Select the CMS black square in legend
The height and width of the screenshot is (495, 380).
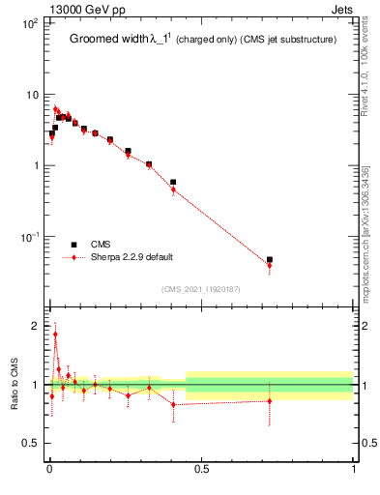point(73,245)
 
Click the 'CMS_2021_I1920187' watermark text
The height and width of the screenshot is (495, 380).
point(201,289)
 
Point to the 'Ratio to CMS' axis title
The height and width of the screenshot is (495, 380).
point(15,385)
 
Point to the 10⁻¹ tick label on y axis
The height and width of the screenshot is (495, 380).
point(29,237)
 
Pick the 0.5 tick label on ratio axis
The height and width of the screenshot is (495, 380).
point(31,444)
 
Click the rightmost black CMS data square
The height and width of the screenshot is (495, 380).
point(270,259)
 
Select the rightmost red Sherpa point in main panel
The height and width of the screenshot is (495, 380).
point(270,265)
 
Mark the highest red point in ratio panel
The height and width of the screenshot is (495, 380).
point(55,335)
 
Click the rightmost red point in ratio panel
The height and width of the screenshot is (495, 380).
point(270,400)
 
